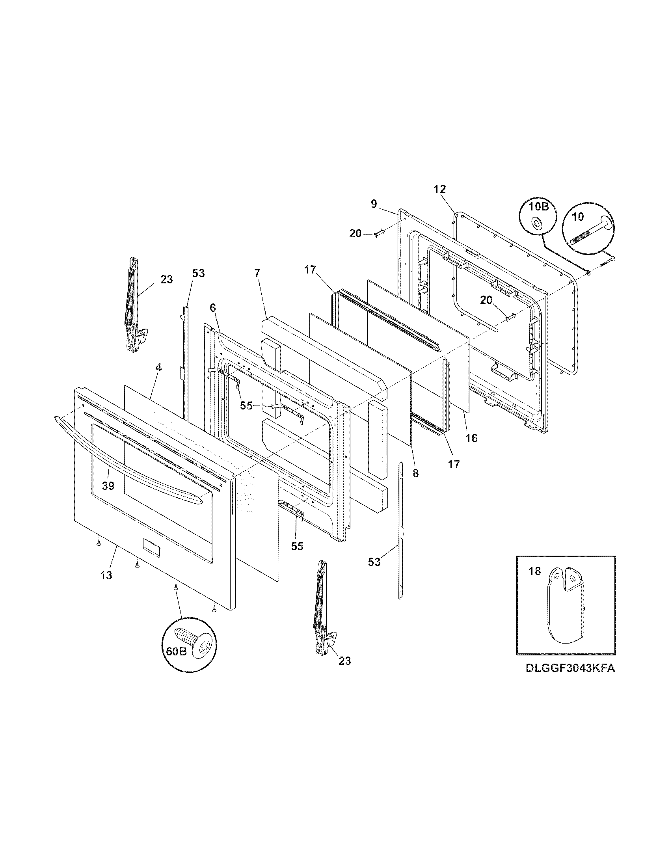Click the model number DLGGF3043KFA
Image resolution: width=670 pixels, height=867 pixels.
[570, 668]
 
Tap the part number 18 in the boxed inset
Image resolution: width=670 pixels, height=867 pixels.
[535, 572]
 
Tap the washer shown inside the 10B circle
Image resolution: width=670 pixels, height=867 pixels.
[537, 223]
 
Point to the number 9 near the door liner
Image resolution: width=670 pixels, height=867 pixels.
[374, 204]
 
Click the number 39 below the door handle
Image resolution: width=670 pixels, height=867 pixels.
[108, 485]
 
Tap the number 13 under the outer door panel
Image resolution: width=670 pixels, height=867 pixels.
[106, 575]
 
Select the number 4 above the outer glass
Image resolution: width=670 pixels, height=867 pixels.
[158, 368]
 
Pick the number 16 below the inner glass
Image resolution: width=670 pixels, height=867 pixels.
[471, 438]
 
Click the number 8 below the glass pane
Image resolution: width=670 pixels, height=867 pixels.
[415, 473]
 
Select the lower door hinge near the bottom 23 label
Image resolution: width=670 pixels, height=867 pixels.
[322, 608]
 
